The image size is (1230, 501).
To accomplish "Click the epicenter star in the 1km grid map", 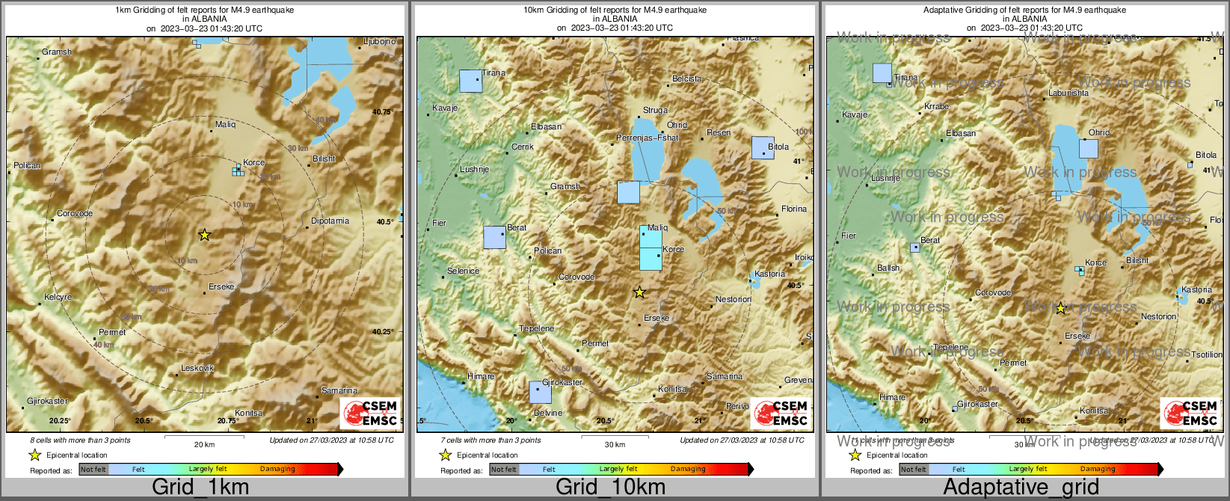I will click(x=204, y=235).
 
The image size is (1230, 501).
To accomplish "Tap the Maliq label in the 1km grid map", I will click(x=225, y=125).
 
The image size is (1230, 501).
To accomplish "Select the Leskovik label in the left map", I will click(x=197, y=369).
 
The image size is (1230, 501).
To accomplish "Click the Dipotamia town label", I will click(x=330, y=221).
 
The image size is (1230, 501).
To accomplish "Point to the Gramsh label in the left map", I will click(x=57, y=52).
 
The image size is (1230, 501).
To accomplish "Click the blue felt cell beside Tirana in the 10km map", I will click(x=470, y=81).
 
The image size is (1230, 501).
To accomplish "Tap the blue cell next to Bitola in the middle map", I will click(x=762, y=148).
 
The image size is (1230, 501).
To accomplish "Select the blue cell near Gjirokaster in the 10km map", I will click(x=540, y=392).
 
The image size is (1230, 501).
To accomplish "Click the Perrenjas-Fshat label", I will click(x=647, y=138).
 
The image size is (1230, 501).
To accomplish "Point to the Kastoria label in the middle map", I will click(x=769, y=274).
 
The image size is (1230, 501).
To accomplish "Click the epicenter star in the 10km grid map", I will click(x=639, y=292).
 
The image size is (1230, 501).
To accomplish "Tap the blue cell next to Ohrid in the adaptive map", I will click(x=1088, y=148).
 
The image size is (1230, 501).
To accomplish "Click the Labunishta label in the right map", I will click(x=1068, y=93).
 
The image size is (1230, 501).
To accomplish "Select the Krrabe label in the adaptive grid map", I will click(x=936, y=107).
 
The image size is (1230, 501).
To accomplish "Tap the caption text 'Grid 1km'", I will click(x=200, y=488).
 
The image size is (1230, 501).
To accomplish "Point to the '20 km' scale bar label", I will click(x=204, y=444).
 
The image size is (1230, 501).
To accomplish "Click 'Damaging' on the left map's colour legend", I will click(x=277, y=469).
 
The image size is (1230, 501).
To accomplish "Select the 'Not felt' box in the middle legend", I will click(x=503, y=469).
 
